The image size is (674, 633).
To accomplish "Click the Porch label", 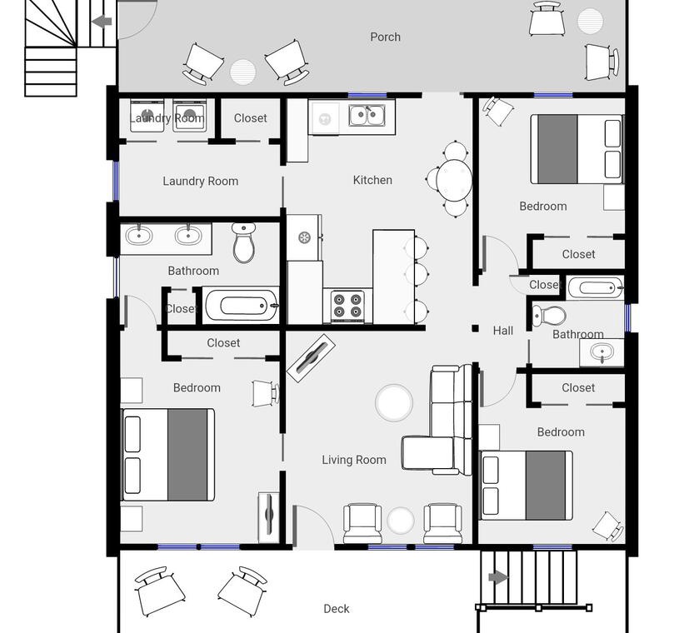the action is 385,37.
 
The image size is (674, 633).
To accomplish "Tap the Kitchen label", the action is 372,180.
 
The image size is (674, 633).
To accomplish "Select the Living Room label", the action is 354,460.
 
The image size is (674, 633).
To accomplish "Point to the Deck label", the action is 336,609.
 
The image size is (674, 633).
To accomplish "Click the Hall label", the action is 503,331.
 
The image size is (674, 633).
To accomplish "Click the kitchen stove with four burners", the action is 347,306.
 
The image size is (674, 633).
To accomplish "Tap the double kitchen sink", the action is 367,115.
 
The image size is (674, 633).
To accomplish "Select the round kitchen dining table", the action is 454,179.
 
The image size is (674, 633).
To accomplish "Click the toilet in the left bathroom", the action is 244,242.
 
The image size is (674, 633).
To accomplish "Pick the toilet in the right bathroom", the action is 549,316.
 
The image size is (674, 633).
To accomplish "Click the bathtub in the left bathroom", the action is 241,306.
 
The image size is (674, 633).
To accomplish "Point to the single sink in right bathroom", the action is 602,353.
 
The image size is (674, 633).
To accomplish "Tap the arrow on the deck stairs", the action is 498,577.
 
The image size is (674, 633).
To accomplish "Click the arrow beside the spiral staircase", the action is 102,21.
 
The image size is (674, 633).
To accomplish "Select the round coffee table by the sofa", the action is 394,402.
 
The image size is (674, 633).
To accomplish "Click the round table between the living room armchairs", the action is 400,520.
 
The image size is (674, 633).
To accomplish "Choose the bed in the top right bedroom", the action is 577,149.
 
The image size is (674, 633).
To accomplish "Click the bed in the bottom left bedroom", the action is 168,455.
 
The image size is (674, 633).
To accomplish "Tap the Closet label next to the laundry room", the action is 250,118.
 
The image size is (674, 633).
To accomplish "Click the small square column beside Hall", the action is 475,329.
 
